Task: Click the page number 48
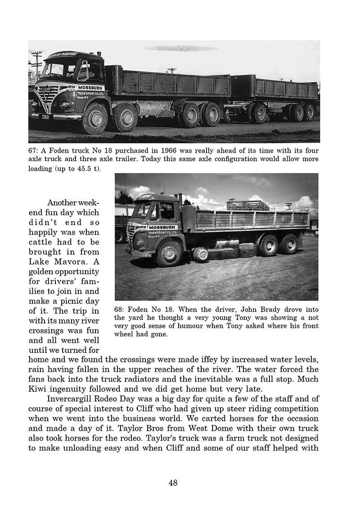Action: click(x=173, y=483)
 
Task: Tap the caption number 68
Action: click(x=121, y=310)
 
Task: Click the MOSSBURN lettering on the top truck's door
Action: click(x=91, y=87)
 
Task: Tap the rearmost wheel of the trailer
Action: click(x=309, y=112)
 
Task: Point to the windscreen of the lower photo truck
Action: click(x=141, y=209)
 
